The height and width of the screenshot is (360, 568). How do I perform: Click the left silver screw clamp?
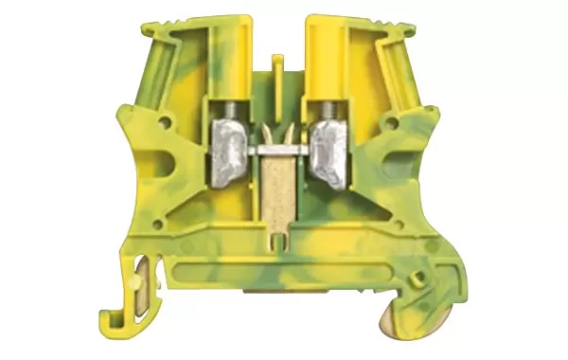click(x=230, y=145)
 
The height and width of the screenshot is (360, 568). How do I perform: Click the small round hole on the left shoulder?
click(x=167, y=121)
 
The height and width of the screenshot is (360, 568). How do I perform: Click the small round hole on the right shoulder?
click(x=398, y=120)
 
